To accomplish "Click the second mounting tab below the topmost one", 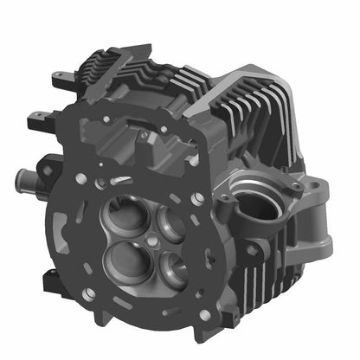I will (x=39, y=115).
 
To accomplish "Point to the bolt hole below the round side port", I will (x=252, y=250).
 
